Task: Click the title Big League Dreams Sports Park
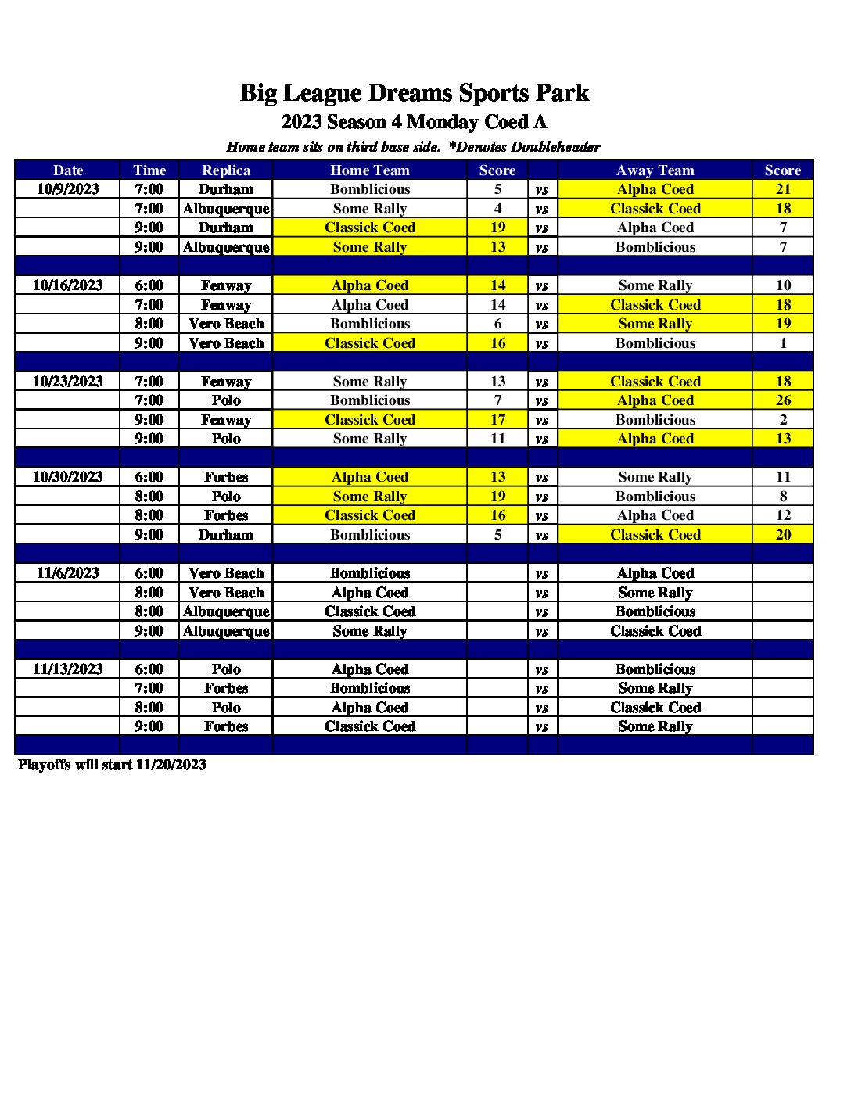click(x=414, y=93)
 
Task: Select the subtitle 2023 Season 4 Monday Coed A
click(x=414, y=122)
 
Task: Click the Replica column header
click(x=226, y=170)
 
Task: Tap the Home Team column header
click(x=369, y=170)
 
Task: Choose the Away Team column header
click(x=655, y=170)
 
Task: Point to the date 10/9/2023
click(x=68, y=189)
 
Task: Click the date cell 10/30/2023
click(x=68, y=477)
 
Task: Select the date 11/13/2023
click(x=68, y=669)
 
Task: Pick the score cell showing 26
click(x=783, y=400)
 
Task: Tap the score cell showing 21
click(x=783, y=189)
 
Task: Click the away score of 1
click(x=783, y=343)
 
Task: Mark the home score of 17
click(x=497, y=420)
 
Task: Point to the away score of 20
click(x=783, y=535)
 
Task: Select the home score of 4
click(x=497, y=209)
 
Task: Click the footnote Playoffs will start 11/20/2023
click(x=112, y=765)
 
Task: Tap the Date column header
click(x=68, y=170)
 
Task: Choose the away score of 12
click(x=783, y=515)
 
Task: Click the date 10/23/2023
click(x=68, y=382)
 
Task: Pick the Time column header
click(x=149, y=170)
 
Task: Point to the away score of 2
click(x=783, y=420)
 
